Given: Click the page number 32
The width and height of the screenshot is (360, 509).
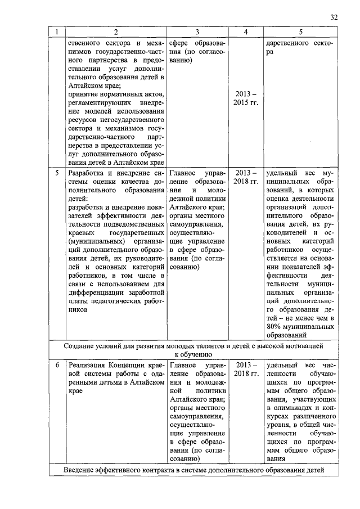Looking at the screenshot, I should click(334, 17).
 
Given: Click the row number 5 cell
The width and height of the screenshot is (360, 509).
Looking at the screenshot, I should click(56, 173).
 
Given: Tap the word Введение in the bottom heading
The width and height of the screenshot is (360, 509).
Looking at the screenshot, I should click(82, 470).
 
